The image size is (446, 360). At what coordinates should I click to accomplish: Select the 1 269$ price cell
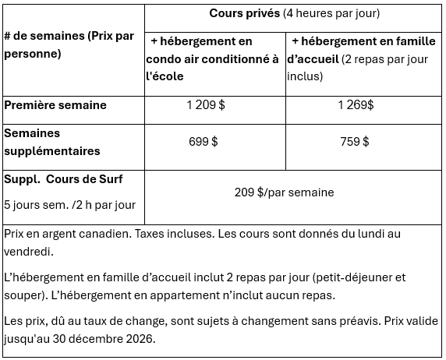pyautogui.click(x=356, y=105)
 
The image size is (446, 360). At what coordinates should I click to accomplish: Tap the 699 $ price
pyautogui.click(x=204, y=142)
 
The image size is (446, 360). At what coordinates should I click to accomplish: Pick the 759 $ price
pyautogui.click(x=354, y=142)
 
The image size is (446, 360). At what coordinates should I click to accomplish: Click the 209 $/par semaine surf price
pyautogui.click(x=284, y=192)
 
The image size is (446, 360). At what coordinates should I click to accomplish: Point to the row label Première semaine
pyautogui.click(x=55, y=105)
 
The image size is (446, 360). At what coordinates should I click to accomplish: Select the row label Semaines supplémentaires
pyautogui.click(x=53, y=142)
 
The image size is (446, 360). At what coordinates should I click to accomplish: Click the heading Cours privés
pyautogui.click(x=244, y=13)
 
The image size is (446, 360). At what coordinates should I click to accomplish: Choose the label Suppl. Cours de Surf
pyautogui.click(x=63, y=179)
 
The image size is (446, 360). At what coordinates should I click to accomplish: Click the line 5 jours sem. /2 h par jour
pyautogui.click(x=70, y=205)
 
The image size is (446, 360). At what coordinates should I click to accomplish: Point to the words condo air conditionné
pyautogui.click(x=207, y=58)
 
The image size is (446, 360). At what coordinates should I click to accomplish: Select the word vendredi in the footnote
pyautogui.click(x=29, y=252)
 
